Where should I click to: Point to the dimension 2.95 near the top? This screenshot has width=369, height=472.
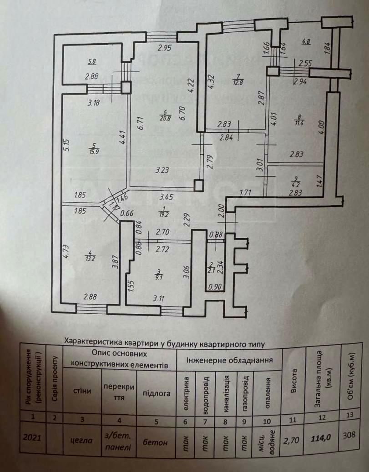165,49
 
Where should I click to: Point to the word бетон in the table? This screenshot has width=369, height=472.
152,441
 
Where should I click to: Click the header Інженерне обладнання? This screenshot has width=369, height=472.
230,360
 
